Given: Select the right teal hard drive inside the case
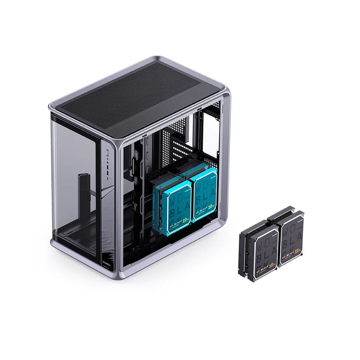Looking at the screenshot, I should pyautogui.click(x=203, y=193).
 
